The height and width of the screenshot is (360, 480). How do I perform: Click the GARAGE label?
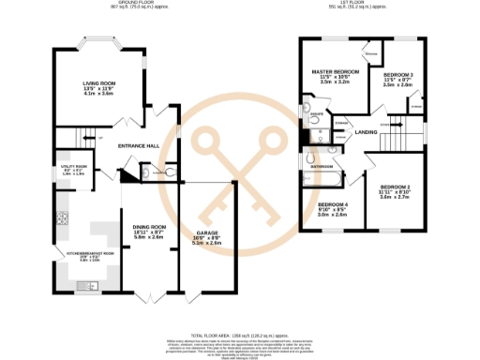[207, 232]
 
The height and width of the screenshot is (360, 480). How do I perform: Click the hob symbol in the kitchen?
[64, 221]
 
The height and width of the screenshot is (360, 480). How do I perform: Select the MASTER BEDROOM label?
[335, 72]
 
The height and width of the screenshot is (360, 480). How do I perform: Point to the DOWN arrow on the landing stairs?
[384, 124]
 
